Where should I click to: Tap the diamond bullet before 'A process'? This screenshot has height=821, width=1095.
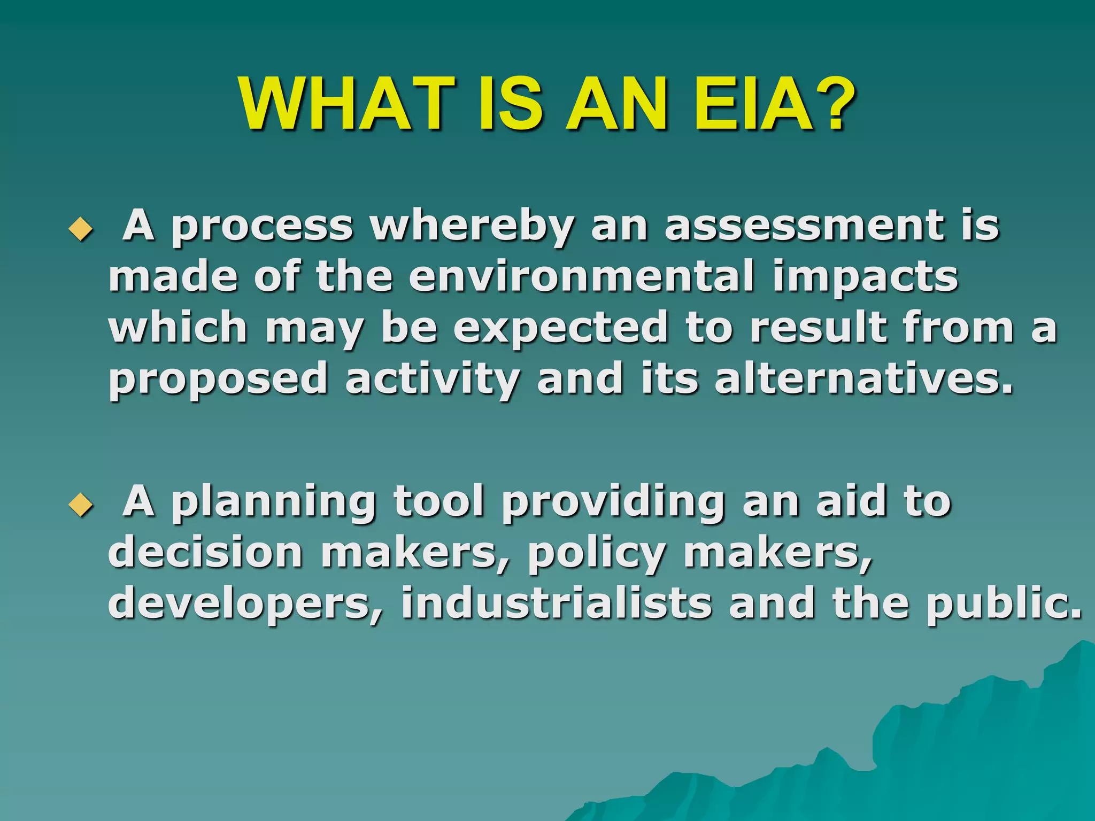(x=81, y=230)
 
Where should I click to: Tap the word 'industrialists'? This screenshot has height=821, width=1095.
(x=557, y=603)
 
